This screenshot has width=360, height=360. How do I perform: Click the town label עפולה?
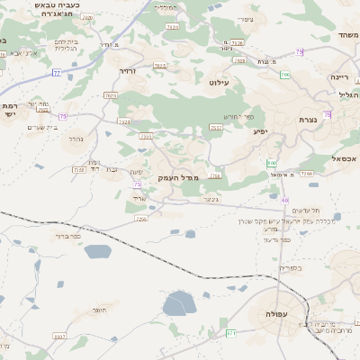click(x=270, y=314)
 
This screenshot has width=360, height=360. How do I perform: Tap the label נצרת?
click(x=308, y=119)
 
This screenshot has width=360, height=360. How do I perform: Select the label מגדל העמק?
click(x=170, y=177)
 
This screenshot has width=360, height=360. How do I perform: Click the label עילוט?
click(x=220, y=83)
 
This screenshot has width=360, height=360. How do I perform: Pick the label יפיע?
click(x=261, y=132)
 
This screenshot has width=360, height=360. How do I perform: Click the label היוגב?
click(x=98, y=310)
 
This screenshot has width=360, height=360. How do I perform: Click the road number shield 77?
click(x=56, y=73)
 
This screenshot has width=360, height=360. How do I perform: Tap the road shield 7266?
click(x=306, y=174)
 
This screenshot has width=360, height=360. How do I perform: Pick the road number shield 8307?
click(x=60, y=337)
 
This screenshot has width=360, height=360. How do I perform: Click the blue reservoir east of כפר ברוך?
click(x=97, y=251)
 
